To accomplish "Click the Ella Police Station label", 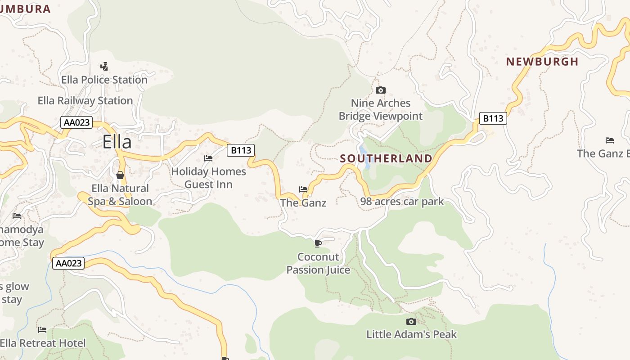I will (x=104, y=80).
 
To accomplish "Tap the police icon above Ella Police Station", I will (x=104, y=67).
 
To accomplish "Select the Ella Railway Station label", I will (x=85, y=100).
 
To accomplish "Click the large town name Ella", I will (x=117, y=142).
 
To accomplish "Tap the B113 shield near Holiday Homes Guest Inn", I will (x=241, y=150).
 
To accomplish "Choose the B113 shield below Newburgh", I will (x=493, y=118).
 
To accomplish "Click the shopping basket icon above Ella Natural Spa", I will (x=120, y=175).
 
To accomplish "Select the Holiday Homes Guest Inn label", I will (x=208, y=178).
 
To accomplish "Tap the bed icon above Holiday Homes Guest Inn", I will (x=208, y=158).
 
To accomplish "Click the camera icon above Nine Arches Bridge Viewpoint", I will (x=381, y=90).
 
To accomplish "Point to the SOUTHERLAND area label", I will (x=386, y=158).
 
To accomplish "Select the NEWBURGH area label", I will (x=542, y=62).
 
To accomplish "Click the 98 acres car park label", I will (x=402, y=201).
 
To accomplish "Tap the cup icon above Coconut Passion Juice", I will (x=318, y=244).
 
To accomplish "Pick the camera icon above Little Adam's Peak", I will (x=411, y=321).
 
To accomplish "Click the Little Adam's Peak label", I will (x=411, y=334).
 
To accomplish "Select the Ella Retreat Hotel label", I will (x=43, y=343).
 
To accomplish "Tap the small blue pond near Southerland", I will (x=364, y=155).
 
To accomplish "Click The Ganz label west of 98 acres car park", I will (x=303, y=202).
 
